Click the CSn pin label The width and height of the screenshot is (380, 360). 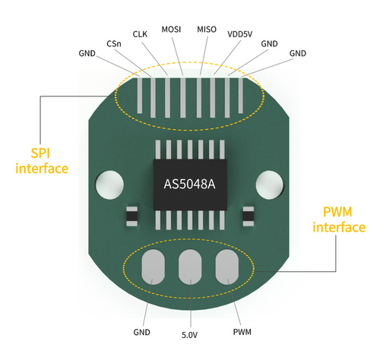click(114, 44)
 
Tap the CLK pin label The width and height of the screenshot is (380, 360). click(140, 34)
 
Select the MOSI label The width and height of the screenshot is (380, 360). click(171, 30)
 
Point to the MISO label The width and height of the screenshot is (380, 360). click(207, 30)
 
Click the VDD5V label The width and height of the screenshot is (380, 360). click(240, 34)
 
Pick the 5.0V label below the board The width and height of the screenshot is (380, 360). click(189, 335)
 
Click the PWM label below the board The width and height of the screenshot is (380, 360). click(242, 332)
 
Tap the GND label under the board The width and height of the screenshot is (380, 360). click(141, 332)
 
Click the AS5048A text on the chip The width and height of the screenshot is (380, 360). click(189, 185)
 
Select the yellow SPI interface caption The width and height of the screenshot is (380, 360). click(42, 161)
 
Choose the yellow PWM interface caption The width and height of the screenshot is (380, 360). click(339, 219)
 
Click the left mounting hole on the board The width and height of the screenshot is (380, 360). click(109, 185)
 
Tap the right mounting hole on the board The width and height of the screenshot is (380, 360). click(270, 185)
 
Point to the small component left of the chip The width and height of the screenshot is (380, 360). click(131, 216)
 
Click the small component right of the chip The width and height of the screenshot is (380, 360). click(249, 216)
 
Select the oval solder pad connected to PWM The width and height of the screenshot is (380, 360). click(227, 267)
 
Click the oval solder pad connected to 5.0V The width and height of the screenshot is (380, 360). click(190, 267)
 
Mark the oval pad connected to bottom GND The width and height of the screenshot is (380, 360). click(153, 267)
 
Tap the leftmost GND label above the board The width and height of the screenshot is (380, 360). click(87, 53)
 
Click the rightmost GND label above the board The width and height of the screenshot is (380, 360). click(298, 53)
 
